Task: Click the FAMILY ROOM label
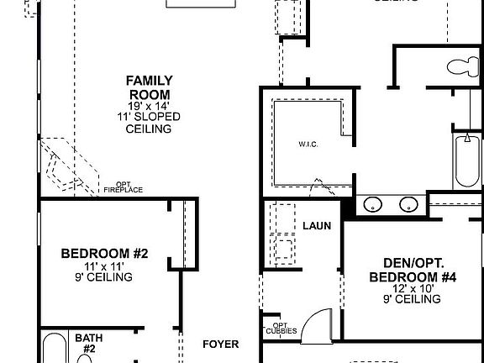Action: coord(149,87)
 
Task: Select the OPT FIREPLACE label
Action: coord(123,187)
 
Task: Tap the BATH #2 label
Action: coord(89,343)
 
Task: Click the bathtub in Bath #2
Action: coord(54,349)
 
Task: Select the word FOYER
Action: coord(221,345)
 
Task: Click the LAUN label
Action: coord(317,226)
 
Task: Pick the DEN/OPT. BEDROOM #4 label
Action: coord(413,269)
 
